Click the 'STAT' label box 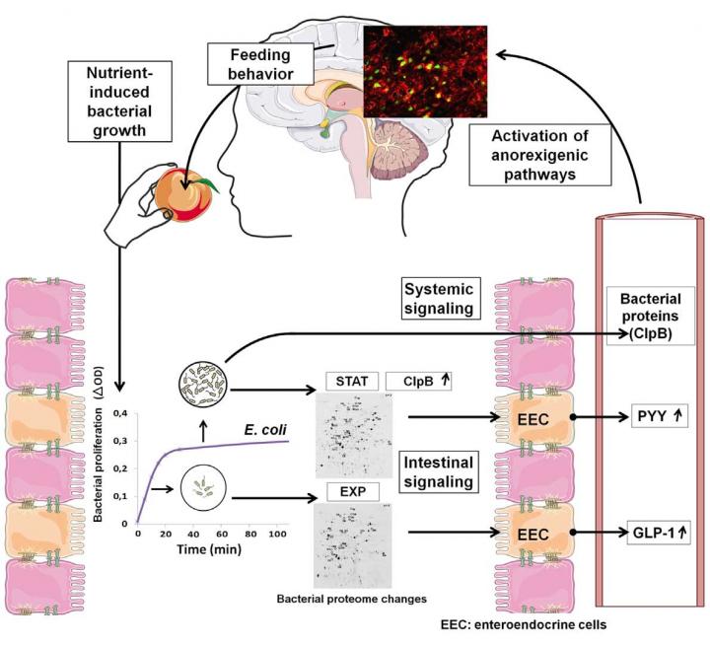click(346, 381)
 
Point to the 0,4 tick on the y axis click(120, 412)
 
